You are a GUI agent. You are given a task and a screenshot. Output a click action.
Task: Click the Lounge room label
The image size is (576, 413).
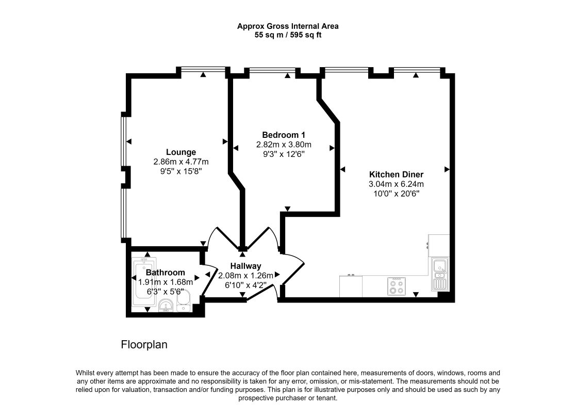[180, 152]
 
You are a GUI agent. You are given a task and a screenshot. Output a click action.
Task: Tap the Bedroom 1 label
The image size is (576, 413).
[283, 135]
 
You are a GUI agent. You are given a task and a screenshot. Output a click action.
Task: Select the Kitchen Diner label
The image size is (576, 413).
[396, 174]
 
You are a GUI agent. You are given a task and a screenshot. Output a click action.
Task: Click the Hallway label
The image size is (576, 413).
[245, 266]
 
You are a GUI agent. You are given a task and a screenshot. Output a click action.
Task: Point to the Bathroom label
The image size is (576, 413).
[166, 273]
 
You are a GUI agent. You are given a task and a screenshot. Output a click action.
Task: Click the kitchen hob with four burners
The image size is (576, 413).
[397, 286]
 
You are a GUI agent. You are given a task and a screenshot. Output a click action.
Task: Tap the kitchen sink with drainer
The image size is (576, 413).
[440, 274]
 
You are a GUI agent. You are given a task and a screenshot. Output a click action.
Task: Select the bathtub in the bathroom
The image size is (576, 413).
[144, 282]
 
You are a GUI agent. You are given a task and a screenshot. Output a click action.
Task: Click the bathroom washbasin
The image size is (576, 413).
[167, 306]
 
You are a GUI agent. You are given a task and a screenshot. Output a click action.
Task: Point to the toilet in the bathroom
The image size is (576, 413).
[183, 301]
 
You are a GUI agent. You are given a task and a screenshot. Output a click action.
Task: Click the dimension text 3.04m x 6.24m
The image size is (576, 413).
[396, 184]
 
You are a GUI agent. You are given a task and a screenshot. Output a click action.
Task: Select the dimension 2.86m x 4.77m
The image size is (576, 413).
[180, 162]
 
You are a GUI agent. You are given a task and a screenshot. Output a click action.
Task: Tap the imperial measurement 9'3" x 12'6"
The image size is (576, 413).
[283, 154]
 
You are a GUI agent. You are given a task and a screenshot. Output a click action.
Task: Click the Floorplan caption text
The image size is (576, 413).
[144, 344]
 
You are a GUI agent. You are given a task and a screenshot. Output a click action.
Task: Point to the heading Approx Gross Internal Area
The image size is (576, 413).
[288, 26]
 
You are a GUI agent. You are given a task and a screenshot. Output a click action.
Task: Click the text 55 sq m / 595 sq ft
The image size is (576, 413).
[288, 35]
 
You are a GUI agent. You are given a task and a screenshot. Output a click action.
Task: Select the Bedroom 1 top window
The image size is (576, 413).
[272, 70]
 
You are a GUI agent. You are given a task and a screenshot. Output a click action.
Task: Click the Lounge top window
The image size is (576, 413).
[203, 69]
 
